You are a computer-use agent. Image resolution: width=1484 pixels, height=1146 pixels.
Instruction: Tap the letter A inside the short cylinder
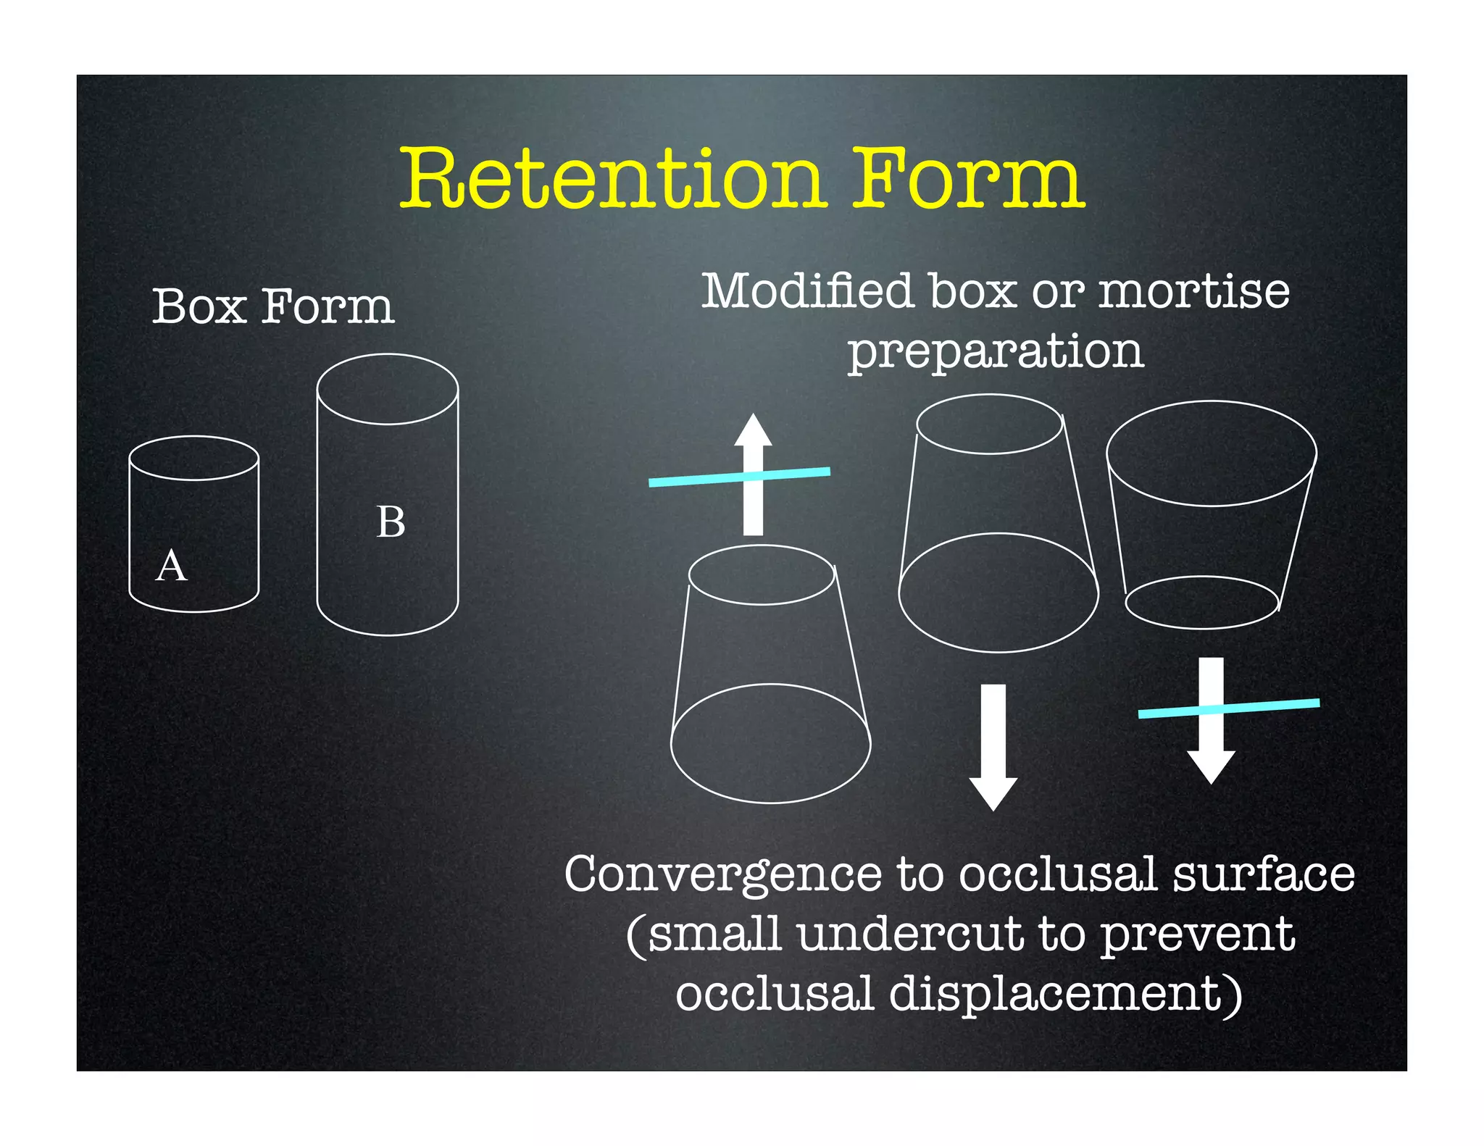pos(172,566)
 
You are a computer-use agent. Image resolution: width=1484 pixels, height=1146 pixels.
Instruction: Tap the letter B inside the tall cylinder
pos(391,522)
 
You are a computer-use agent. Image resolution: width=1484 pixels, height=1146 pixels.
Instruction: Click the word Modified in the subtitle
pos(807,290)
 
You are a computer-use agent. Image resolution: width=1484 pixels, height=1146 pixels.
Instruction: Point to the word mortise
pos(1194,290)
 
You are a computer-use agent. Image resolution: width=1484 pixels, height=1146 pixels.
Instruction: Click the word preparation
pos(996,351)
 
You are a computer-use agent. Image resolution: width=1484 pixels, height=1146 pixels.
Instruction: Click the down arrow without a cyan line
pos(993,746)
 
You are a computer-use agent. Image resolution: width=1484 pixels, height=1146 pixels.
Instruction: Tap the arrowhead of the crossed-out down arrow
pos(1211,766)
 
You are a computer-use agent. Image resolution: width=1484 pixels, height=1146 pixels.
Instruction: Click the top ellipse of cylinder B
pos(388,389)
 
